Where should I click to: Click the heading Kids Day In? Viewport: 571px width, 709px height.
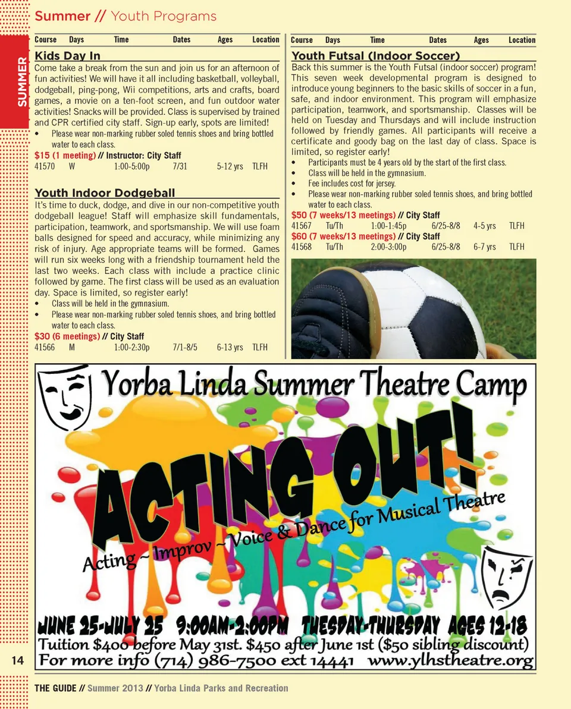pos(68,56)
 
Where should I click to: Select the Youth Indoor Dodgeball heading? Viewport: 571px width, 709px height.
pos(105,193)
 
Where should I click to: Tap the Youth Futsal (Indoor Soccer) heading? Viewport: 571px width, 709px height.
pos(375,56)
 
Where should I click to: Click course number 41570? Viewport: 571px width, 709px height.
pos(45,166)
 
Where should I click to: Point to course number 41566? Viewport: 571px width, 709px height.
pos(45,347)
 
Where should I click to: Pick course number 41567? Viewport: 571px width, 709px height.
pos(301,226)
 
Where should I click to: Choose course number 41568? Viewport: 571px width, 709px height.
pos(301,247)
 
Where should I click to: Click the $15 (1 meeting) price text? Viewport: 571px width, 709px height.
pos(65,156)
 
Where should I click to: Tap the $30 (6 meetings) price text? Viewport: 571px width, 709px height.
pos(67,336)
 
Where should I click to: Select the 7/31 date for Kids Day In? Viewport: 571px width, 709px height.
pos(180,166)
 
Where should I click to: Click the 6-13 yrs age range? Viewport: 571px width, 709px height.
pos(230,347)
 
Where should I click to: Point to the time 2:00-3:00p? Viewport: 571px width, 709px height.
pos(388,247)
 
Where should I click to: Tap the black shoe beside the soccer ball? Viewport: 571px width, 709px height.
pos(336,312)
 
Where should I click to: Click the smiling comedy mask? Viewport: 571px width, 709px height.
pos(64,396)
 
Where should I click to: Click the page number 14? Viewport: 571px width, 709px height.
pos(17,661)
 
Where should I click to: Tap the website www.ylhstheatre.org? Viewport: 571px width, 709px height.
pos(450,660)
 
